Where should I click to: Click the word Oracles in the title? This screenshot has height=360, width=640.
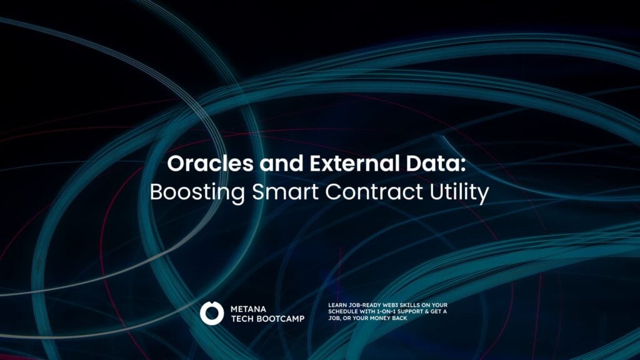pos(210,163)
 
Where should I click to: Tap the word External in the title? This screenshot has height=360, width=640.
pos(354,163)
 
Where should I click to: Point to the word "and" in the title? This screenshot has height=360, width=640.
pos(282,163)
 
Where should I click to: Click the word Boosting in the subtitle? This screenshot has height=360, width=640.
pos(197,192)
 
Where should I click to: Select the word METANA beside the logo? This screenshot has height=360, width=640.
pos(248,309)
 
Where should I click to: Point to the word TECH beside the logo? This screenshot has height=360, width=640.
pos(242,319)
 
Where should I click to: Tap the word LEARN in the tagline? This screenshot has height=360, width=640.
pos(337,305)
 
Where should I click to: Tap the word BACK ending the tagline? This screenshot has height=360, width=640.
pos(399,318)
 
